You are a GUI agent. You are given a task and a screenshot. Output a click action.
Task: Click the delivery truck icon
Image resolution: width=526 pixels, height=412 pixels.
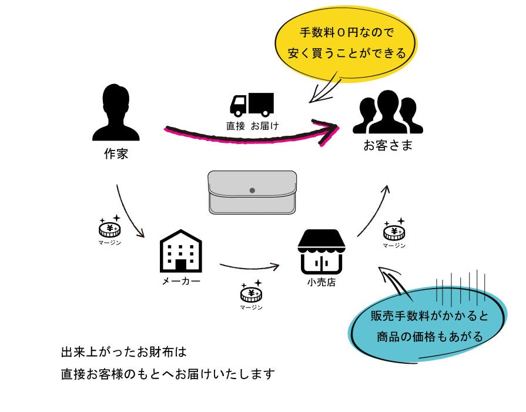click(251, 105)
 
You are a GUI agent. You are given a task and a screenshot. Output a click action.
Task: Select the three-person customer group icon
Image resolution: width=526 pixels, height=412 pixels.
click(387, 112)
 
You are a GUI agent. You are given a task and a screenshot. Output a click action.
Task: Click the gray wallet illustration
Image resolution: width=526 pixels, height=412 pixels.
click(252, 192)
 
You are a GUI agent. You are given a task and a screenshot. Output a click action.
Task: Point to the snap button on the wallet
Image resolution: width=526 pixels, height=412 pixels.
click(252, 190)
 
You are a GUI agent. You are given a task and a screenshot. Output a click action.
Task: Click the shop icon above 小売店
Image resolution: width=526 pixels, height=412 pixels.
click(321, 252)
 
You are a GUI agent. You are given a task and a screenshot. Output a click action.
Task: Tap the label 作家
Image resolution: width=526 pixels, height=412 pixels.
click(116, 155)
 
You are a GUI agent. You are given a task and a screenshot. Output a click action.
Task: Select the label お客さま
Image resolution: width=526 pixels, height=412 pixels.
click(387, 145)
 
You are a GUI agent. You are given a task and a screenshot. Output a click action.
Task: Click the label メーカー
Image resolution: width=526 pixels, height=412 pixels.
click(181, 282)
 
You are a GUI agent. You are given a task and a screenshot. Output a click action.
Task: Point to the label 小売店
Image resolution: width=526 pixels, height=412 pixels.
click(321, 283)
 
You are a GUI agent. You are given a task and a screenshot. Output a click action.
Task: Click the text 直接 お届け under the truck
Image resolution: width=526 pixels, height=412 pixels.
click(252, 126)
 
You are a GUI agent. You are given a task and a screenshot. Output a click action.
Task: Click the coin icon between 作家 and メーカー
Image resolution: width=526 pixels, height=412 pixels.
click(109, 229)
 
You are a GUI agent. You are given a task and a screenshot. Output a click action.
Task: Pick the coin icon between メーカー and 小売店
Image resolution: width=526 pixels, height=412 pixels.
click(251, 293)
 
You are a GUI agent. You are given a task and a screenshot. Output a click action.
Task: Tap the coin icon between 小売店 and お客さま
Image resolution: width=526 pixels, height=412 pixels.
click(394, 231)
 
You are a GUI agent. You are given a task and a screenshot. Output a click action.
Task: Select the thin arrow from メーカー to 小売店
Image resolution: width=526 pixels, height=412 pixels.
click(250, 268)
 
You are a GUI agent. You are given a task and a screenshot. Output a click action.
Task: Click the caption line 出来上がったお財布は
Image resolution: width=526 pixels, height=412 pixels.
click(123, 353)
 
